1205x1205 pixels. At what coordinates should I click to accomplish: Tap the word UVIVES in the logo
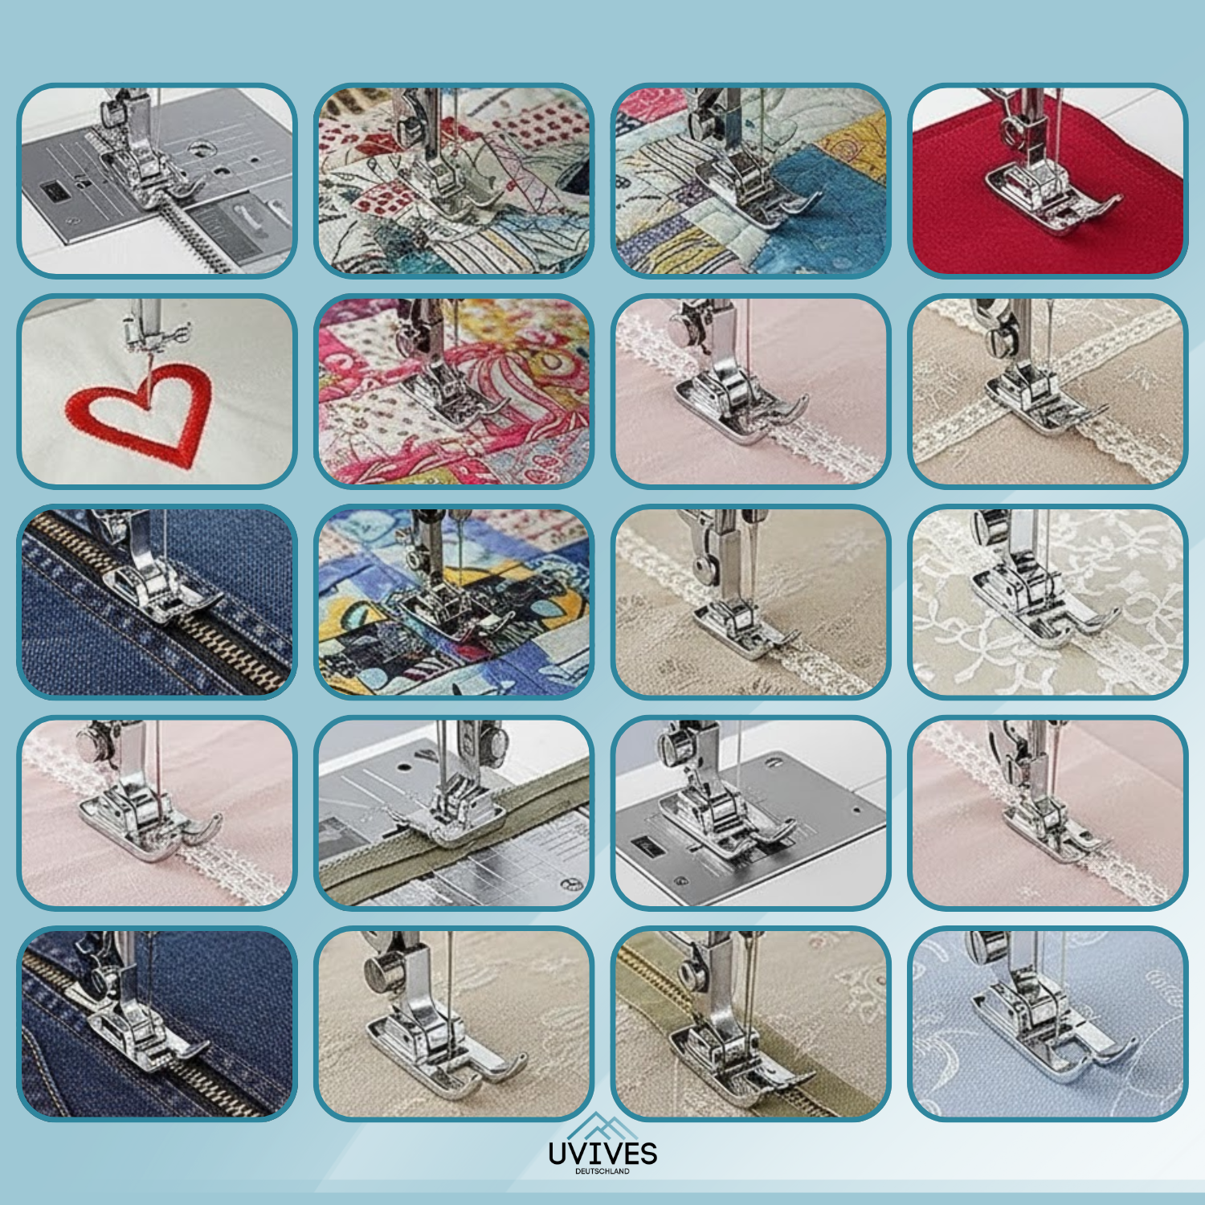click(x=602, y=1154)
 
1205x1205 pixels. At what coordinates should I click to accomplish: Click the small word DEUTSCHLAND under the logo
click(x=602, y=1172)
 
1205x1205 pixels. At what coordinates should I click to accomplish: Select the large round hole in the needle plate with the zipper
click(x=198, y=149)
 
